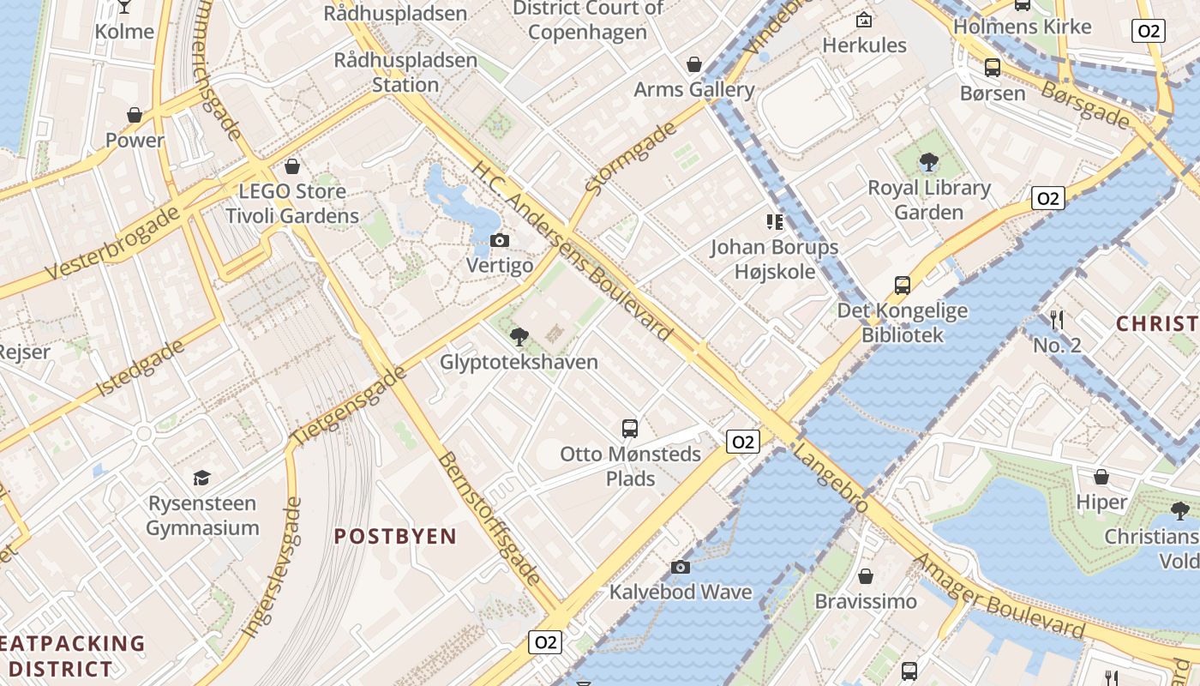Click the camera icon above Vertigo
500,241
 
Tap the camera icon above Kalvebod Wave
681,567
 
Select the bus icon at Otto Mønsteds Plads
630,428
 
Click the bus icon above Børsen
993,68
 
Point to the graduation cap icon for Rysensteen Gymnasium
201,478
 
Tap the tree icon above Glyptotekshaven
519,336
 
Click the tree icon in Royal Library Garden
928,162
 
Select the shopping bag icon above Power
135,115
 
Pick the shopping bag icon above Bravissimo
866,576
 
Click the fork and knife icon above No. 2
1057,320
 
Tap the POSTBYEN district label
395,537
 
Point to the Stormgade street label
630,157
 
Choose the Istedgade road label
141,368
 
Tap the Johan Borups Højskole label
774,260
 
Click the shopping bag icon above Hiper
1101,477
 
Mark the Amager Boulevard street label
999,597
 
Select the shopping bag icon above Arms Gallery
694,64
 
